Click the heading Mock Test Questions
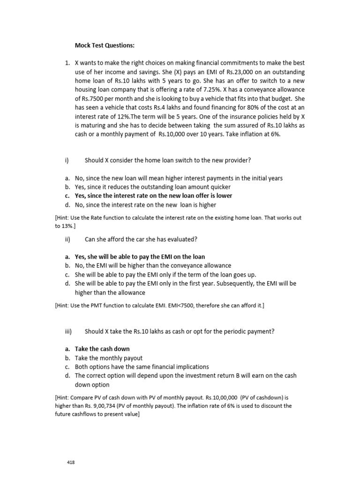(x=105, y=45)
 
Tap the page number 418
(x=71, y=462)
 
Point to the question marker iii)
(x=68, y=331)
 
